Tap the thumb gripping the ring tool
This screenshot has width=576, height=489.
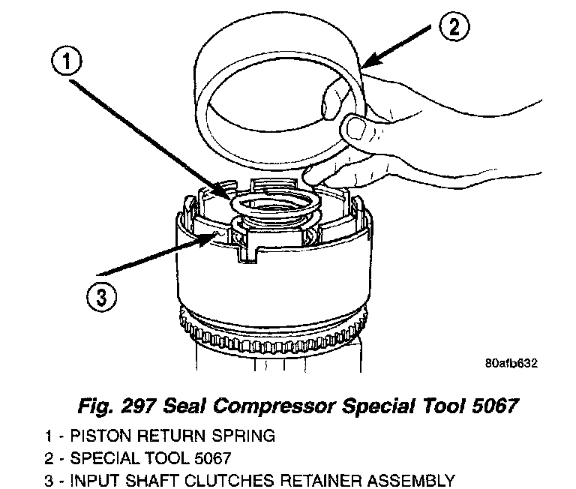[354, 128]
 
